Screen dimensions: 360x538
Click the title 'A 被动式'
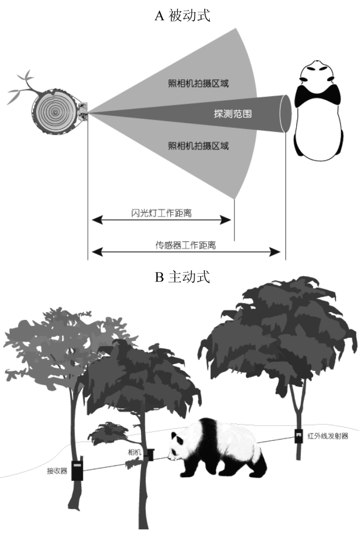[182, 16]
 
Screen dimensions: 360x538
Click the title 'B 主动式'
[182, 277]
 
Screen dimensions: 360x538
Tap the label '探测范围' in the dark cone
[232, 114]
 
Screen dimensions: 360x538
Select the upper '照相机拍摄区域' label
[199, 83]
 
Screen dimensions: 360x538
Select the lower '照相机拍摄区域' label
[199, 146]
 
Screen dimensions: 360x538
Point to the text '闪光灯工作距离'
[161, 213]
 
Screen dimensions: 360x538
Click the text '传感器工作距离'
[186, 245]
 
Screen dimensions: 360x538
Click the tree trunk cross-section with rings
[55, 112]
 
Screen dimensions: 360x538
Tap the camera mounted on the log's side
[83, 112]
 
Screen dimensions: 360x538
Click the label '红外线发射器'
[328, 436]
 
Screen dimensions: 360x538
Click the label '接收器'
[57, 471]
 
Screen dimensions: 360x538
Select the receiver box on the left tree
[77, 471]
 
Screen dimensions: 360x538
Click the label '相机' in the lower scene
[135, 453]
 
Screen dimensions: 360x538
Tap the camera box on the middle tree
[149, 454]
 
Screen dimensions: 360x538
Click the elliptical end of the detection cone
[285, 114]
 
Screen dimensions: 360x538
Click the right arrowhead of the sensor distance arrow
[276, 252]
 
